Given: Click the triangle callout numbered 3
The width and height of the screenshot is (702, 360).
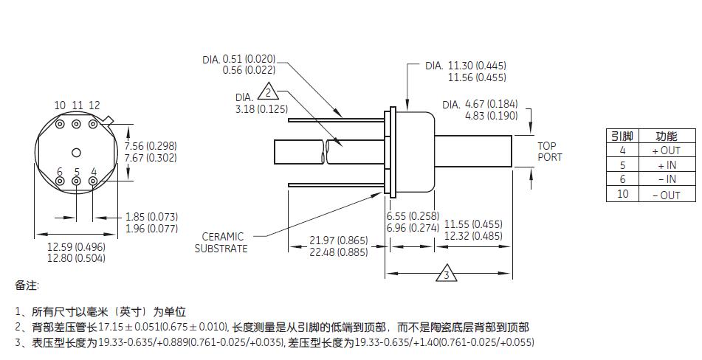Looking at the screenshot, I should [x=446, y=274].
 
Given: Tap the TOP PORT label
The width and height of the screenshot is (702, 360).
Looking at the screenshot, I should [x=549, y=151].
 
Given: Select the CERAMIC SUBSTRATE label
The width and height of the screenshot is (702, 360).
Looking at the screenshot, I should [x=221, y=242].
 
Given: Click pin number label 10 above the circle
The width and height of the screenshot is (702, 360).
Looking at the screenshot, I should [x=60, y=106].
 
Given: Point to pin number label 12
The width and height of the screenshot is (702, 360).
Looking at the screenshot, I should [x=94, y=106].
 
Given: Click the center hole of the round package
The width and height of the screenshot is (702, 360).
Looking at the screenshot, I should [x=76, y=152].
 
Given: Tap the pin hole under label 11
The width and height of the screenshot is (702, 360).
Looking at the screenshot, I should [x=76, y=124].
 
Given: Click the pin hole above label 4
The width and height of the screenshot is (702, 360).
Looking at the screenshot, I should [x=93, y=181].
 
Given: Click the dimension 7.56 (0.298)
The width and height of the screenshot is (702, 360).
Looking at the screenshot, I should [x=151, y=146].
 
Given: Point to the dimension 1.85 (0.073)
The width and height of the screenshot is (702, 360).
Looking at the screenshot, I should [x=151, y=217].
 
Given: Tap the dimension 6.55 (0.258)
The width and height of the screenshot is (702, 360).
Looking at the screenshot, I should [x=413, y=216].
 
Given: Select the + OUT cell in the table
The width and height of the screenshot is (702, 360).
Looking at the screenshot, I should [x=666, y=150].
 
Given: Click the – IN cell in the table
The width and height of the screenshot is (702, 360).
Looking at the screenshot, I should [x=666, y=179].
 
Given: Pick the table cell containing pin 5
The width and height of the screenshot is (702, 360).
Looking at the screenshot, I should [x=622, y=165].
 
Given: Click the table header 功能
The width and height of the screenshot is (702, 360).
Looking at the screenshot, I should [x=666, y=136].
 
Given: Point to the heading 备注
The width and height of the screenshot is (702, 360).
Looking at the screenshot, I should [x=27, y=285].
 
